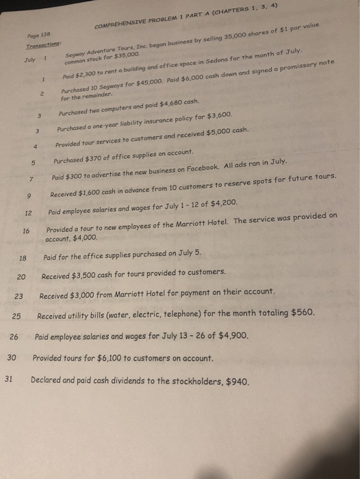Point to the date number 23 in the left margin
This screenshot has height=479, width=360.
tap(18, 296)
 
